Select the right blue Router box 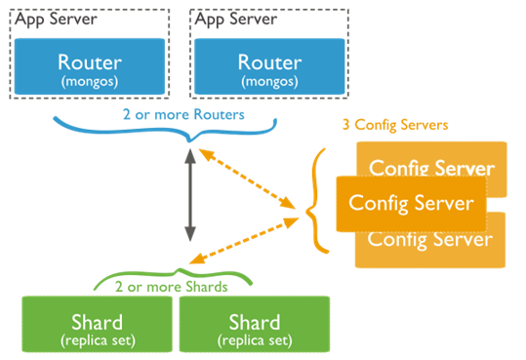coord(269,67)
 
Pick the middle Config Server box coord(411,203)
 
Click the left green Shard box coord(97,328)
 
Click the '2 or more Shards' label coord(171,287)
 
